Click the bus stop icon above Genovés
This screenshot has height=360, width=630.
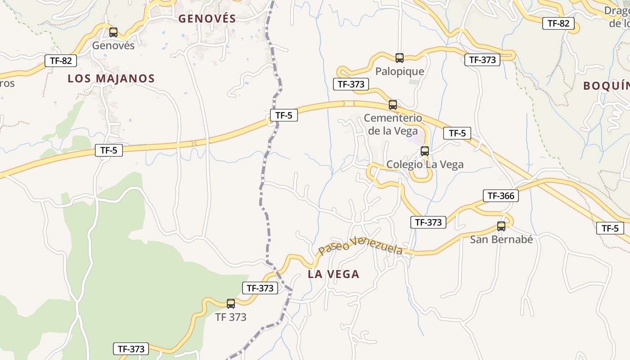[113, 32]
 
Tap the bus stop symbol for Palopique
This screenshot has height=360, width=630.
[400, 58]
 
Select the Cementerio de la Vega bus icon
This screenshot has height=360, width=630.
[393, 105]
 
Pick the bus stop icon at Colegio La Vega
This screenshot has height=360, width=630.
[425, 151]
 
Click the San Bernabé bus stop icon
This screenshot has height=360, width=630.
[501, 226]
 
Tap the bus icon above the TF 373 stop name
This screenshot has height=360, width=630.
[231, 304]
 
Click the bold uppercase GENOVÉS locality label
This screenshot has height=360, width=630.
[207, 18]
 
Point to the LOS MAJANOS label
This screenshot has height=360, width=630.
[111, 78]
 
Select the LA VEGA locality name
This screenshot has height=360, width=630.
[333, 274]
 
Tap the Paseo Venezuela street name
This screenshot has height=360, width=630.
[360, 246]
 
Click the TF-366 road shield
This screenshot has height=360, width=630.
[500, 196]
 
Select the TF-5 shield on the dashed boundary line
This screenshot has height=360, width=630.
[283, 115]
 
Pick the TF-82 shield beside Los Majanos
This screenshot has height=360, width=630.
[61, 61]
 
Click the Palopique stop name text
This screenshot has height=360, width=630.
[400, 71]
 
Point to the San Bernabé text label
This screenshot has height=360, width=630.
[501, 239]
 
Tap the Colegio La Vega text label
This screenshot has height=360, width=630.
[425, 164]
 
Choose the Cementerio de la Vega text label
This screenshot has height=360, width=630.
[393, 124]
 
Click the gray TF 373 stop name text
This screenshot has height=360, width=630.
[231, 317]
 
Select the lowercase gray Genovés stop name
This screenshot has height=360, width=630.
[113, 45]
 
